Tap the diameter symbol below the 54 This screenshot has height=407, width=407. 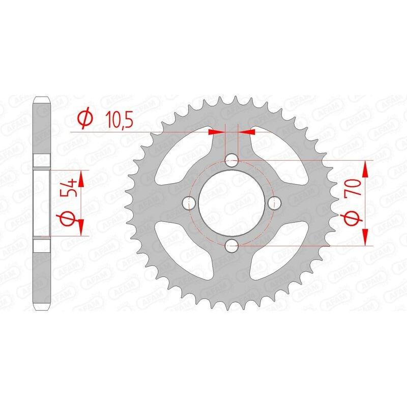(x=71, y=220)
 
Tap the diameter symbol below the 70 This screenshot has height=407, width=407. (x=355, y=219)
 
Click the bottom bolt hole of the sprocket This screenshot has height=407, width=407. (x=232, y=247)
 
